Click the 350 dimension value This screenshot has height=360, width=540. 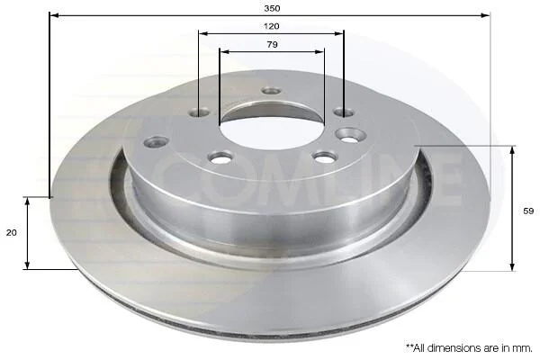[x=272, y=8]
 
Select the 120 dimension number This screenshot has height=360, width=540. [x=272, y=26]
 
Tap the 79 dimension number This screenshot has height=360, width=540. [x=272, y=44]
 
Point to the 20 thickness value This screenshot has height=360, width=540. [x=12, y=233]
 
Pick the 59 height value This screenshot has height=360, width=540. [x=528, y=211]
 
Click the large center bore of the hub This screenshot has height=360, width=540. [x=272, y=130]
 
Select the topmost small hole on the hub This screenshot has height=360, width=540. [x=272, y=91]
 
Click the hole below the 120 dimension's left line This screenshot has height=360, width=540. [x=199, y=112]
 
